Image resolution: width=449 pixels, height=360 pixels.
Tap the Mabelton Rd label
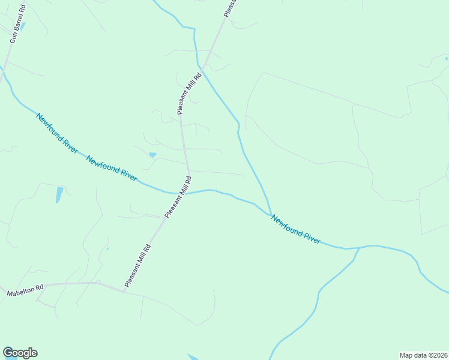click(26, 290)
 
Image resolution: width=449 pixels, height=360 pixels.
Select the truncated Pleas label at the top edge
click(231, 7)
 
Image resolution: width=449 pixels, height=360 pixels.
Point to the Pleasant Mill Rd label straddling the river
click(178, 197)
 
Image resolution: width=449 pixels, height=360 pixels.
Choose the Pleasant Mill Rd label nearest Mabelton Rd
click(137, 265)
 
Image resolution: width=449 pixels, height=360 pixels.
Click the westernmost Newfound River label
click(57, 133)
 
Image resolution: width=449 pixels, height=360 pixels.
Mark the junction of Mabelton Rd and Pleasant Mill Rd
click(124, 292)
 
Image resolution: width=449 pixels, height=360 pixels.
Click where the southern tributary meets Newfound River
click(359, 247)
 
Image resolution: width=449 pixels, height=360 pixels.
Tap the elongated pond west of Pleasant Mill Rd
click(59, 194)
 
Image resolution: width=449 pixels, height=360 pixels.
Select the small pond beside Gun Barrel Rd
click(23, 26)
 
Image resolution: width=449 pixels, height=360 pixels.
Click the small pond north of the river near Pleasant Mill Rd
click(152, 155)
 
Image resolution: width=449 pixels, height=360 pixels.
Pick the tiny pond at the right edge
click(446, 59)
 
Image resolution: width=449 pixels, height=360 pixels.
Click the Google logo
click(20, 353)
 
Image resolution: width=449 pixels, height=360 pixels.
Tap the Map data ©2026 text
click(423, 355)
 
